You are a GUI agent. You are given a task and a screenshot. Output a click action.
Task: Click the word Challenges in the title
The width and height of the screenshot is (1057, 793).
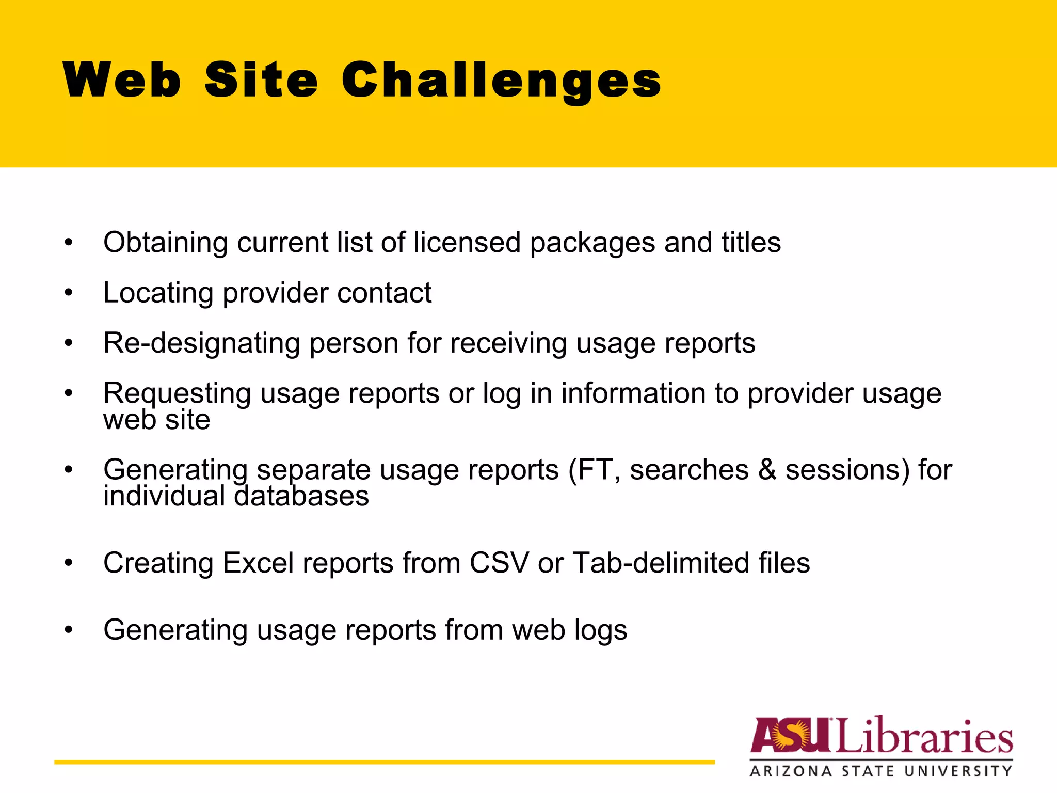[501, 80]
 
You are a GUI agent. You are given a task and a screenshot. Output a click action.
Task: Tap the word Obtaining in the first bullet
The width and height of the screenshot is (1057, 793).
[165, 243]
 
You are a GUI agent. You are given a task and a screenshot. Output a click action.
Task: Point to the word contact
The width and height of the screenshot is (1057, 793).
[385, 293]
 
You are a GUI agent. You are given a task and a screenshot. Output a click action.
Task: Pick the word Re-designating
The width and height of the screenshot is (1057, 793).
[201, 343]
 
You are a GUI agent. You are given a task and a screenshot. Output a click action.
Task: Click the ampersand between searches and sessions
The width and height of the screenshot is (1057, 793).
[767, 470]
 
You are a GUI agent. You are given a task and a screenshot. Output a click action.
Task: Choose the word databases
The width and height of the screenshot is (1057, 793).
[301, 496]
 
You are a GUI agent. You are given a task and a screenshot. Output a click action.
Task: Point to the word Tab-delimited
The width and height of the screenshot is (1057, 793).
[661, 563]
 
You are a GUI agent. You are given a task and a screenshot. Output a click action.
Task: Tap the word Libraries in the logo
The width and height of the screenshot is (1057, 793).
[924, 735]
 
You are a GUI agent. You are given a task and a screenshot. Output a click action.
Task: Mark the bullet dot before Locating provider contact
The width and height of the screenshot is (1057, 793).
[69, 293]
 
